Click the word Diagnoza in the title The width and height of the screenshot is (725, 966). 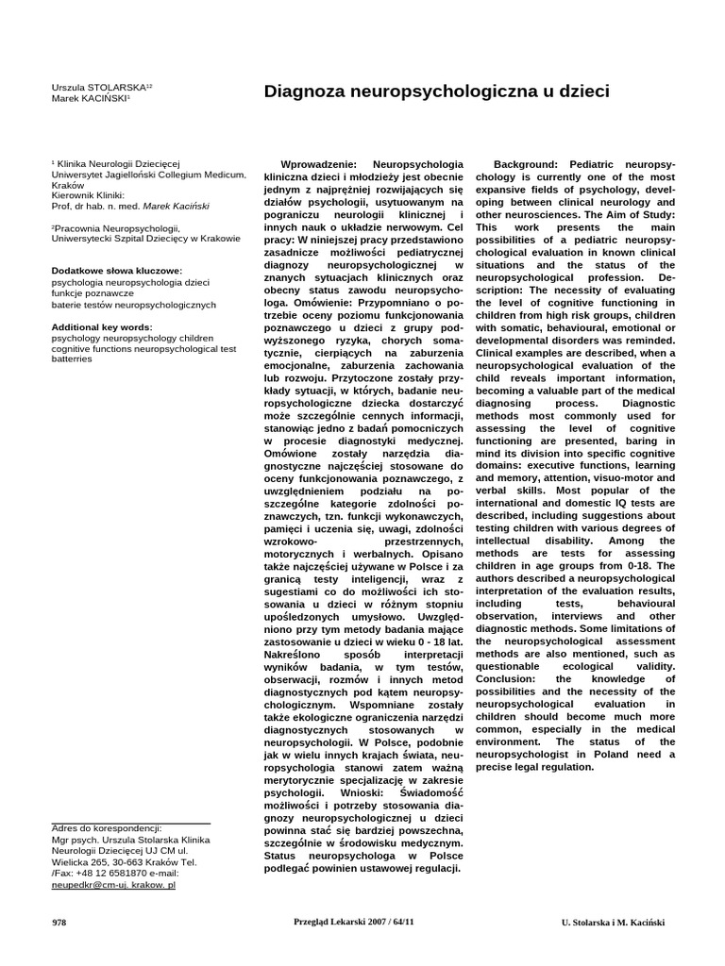point(307,92)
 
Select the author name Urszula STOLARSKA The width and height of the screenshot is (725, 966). point(97,88)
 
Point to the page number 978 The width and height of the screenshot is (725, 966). point(59,923)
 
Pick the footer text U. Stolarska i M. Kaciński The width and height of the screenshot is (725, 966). point(613,923)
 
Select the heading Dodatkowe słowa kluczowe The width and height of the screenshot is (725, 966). point(116,272)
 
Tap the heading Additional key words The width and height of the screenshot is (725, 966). point(101,326)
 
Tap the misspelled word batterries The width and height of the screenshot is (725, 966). point(72,359)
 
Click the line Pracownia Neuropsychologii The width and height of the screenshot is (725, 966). point(116,228)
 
